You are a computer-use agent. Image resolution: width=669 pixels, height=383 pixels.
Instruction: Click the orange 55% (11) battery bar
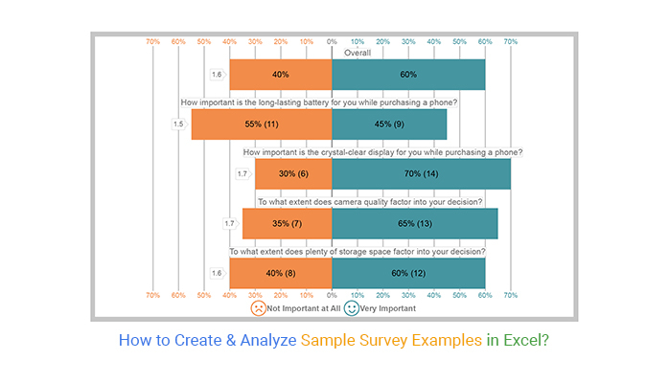coord(262,124)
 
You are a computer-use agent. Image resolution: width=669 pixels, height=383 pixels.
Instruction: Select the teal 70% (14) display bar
coord(421,173)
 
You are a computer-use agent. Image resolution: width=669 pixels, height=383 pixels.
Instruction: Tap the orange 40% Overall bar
coord(281,75)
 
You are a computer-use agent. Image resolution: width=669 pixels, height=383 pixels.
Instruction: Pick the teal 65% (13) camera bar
coord(414,223)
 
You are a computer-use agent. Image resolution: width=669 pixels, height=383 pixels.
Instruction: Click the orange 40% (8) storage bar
coord(281,273)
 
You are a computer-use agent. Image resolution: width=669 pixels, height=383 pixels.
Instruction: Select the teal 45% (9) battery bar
coord(388,124)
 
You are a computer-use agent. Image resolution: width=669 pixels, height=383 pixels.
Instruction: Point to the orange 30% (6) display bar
coord(293,173)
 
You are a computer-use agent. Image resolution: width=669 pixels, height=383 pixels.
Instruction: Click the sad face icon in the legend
coord(258,309)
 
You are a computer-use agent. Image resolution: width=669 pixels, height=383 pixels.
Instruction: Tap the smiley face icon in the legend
coord(352,309)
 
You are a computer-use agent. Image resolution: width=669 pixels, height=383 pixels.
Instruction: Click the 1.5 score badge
coord(178,124)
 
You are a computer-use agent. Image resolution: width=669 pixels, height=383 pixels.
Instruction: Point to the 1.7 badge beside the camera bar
coord(230,223)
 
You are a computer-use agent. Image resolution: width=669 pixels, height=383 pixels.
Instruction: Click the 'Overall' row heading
coord(358,54)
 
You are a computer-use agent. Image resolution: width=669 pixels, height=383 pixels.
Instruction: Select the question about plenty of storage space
coord(357,252)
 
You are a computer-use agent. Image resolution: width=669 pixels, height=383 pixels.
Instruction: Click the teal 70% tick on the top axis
coord(511,41)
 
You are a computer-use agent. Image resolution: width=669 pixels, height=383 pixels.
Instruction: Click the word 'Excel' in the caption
coord(523,339)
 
